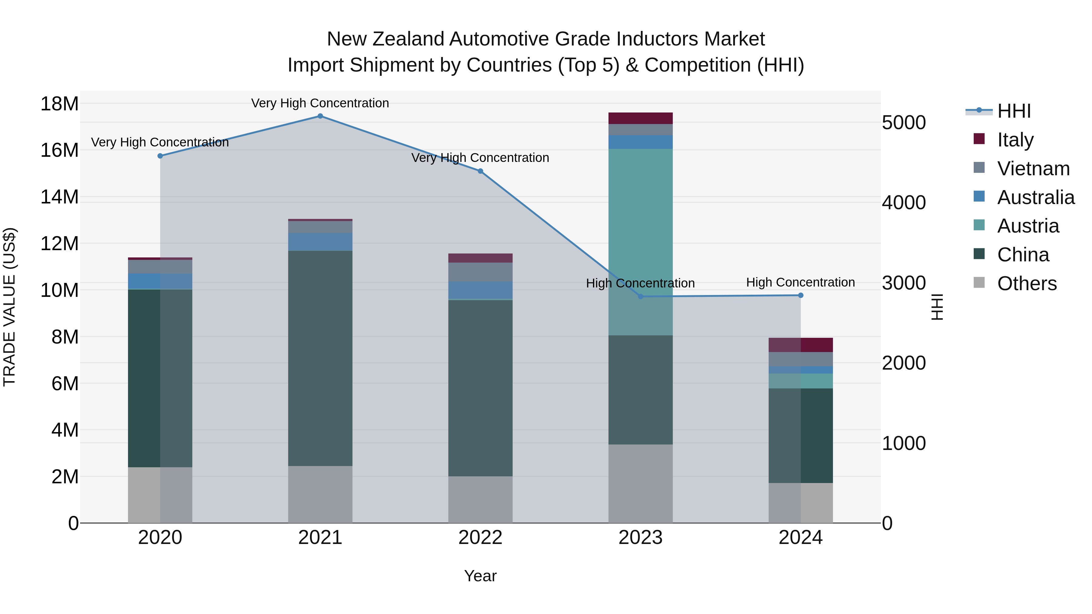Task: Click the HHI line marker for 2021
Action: pos(320,116)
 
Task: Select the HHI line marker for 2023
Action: pos(641,297)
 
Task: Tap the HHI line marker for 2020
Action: pos(160,156)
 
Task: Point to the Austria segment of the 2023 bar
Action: pos(641,242)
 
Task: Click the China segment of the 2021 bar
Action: pos(320,358)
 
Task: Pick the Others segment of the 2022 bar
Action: pos(480,500)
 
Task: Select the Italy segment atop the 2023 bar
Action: pos(641,118)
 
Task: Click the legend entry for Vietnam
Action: pos(1033,169)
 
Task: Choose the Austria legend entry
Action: pos(1028,226)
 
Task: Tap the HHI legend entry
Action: pos(1013,111)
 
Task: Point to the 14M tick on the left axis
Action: pos(59,197)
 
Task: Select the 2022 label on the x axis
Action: pos(480,538)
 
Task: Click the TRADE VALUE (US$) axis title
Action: pos(9,307)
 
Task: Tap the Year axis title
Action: pos(480,576)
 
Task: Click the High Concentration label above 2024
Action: pos(800,282)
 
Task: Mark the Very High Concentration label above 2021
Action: pos(320,103)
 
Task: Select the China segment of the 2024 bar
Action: pos(800,436)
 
